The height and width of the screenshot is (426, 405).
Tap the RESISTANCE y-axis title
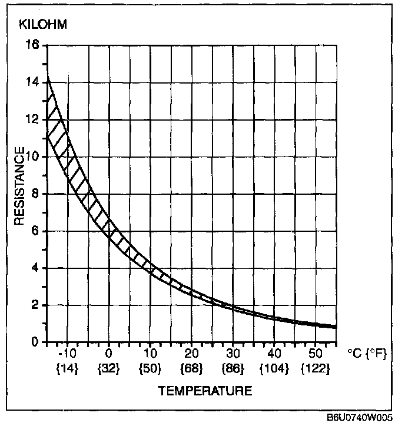[19, 186]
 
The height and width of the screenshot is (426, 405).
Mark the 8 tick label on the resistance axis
[36, 194]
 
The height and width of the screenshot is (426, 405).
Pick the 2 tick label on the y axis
[36, 305]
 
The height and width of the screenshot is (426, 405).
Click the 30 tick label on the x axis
[233, 355]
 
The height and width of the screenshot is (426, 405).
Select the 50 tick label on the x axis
[316, 355]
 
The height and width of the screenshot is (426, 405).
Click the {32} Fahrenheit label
[109, 369]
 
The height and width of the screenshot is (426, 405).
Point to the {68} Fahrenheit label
[192, 369]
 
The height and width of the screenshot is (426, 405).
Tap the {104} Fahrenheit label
[274, 369]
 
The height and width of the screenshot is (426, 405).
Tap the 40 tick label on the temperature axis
[274, 355]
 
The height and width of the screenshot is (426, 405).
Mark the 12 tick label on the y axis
[34, 119]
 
